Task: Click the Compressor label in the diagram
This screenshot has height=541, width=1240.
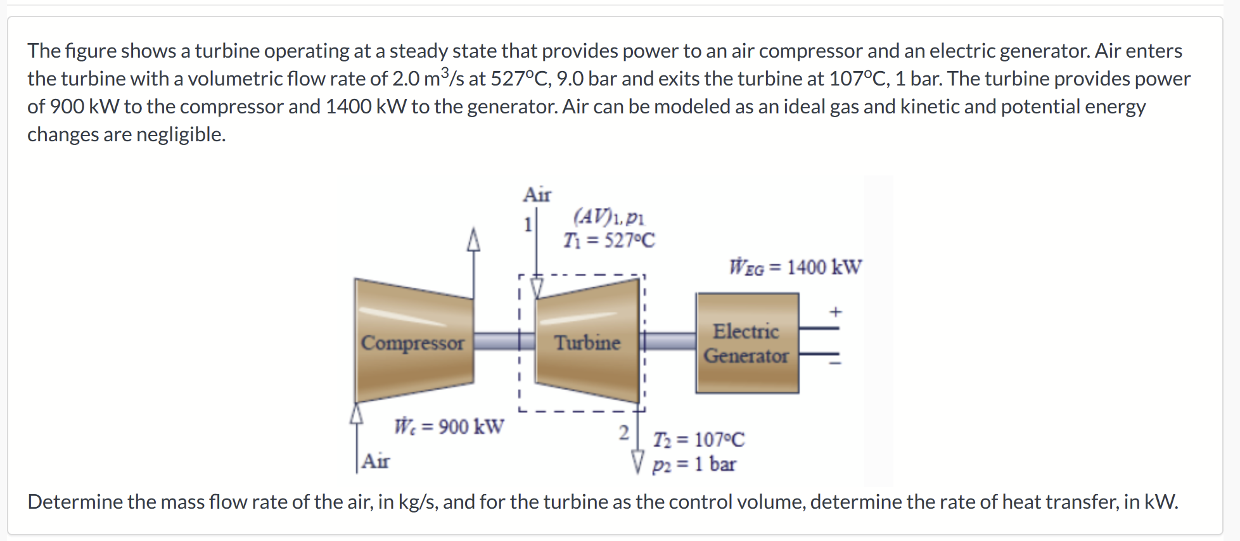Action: point(412,343)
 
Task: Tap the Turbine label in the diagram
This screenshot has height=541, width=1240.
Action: point(587,343)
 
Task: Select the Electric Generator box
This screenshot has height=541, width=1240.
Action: point(747,343)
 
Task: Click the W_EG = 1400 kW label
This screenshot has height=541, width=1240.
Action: point(795,267)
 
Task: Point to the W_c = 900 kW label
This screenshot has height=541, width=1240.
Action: point(449,426)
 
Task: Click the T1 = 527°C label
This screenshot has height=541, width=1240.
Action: point(609,241)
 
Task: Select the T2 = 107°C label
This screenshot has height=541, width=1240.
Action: point(699,440)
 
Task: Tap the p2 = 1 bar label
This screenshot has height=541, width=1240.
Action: point(694,464)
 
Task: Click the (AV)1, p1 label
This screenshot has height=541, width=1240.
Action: point(608,217)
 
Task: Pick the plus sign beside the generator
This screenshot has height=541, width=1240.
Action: point(836,312)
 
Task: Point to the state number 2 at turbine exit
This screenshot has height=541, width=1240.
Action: point(624,433)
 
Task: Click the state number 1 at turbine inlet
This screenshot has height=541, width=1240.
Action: point(527,224)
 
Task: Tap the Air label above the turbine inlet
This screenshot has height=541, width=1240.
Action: point(537,194)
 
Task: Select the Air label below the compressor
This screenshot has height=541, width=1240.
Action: point(376,461)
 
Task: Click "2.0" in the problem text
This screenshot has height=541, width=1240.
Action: point(406,79)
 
